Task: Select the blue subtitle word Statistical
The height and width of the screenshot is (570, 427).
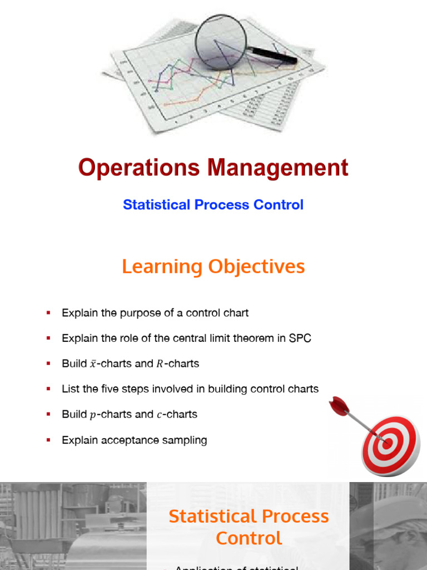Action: point(156,205)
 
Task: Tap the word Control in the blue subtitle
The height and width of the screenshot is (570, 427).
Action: point(279,205)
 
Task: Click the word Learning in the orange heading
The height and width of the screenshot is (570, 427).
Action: point(162,267)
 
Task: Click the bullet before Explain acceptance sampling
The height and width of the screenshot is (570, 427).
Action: point(48,440)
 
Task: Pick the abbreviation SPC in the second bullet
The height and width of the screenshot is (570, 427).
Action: point(300,338)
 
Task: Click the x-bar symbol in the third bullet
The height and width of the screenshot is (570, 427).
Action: point(93,364)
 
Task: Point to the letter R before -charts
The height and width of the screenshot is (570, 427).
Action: point(159,364)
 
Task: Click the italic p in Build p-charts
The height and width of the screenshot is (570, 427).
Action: point(92,415)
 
